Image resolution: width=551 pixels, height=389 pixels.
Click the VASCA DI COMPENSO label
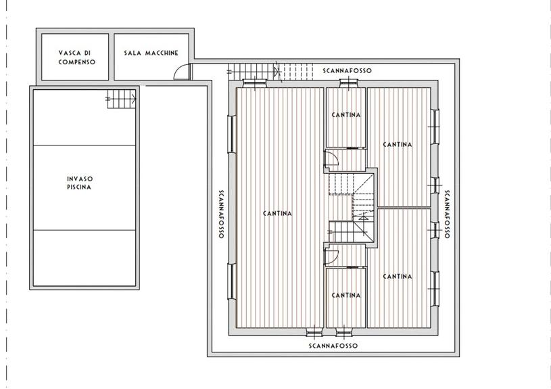pyautogui.click(x=77, y=58)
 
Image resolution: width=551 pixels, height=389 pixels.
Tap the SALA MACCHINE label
pyautogui.click(x=151, y=53)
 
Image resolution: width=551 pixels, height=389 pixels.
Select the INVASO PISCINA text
pyautogui.click(x=79, y=183)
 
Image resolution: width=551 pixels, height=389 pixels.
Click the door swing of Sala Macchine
pyautogui.click(x=181, y=72)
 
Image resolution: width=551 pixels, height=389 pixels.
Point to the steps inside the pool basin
pyautogui.click(x=121, y=99)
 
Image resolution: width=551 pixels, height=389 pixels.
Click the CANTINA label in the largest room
pyautogui.click(x=277, y=214)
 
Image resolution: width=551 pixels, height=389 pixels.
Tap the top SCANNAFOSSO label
pyautogui.click(x=348, y=70)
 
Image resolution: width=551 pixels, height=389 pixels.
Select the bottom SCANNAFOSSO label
pyautogui.click(x=333, y=346)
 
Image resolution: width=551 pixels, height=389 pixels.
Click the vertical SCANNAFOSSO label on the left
pyautogui.click(x=221, y=214)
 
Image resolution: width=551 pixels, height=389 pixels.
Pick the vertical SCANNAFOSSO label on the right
pyautogui.click(x=447, y=214)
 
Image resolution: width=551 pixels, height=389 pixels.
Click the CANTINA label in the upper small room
pyautogui.click(x=346, y=115)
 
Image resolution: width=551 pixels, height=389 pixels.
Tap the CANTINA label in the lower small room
pyautogui.click(x=346, y=296)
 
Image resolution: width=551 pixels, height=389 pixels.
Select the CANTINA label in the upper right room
pyautogui.click(x=398, y=145)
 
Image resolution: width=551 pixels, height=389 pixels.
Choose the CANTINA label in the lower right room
pyautogui.click(x=398, y=277)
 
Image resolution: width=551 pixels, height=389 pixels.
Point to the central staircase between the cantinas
pyautogui.click(x=351, y=208)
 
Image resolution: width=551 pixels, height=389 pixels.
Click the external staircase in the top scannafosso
pyautogui.click(x=270, y=72)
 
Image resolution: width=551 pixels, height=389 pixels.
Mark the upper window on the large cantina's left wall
pyautogui.click(x=232, y=134)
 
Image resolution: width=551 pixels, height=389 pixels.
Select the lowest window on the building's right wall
pyautogui.click(x=435, y=288)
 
